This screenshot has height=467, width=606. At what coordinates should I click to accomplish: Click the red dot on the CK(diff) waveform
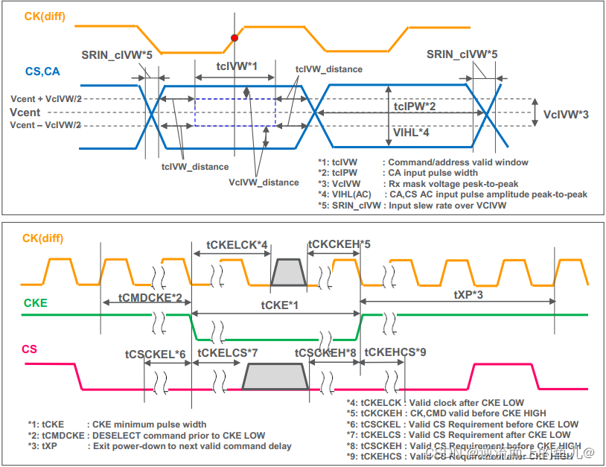click(x=235, y=37)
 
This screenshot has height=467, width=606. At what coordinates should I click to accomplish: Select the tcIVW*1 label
click(x=236, y=66)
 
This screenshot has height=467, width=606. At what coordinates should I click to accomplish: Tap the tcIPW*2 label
click(x=415, y=107)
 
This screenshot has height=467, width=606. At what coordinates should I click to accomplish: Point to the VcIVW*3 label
click(x=566, y=115)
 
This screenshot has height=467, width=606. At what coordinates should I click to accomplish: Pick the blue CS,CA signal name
click(x=43, y=72)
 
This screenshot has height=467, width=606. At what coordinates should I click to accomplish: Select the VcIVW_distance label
click(x=264, y=182)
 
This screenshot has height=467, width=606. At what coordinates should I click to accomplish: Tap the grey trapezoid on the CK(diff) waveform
click(x=288, y=273)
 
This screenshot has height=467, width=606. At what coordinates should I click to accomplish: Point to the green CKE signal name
click(x=36, y=303)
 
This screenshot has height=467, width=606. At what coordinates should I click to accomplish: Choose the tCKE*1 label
click(x=280, y=305)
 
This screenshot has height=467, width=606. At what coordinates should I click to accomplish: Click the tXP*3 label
click(x=469, y=295)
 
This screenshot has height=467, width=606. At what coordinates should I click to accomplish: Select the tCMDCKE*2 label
click(x=151, y=297)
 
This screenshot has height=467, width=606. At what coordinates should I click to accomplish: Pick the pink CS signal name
click(x=29, y=349)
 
